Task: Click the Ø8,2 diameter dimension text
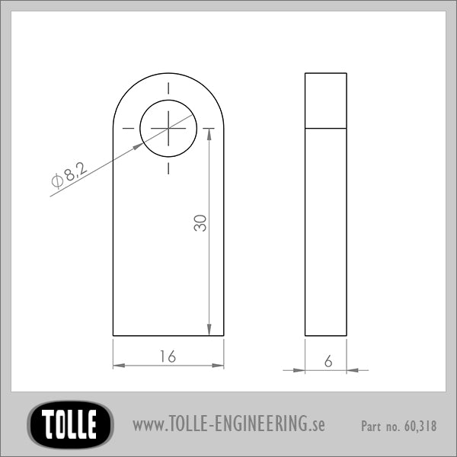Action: coord(69,175)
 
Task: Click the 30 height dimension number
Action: coord(200,223)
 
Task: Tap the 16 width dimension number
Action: coord(168,356)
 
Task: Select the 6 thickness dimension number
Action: coord(328,361)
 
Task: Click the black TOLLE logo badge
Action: coord(70,424)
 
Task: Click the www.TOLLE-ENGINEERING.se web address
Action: coord(228,424)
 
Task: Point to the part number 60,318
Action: coord(420,426)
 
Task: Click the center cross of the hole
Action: coord(168,128)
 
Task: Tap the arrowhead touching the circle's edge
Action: coord(138,146)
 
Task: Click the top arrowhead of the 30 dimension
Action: coord(209,134)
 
